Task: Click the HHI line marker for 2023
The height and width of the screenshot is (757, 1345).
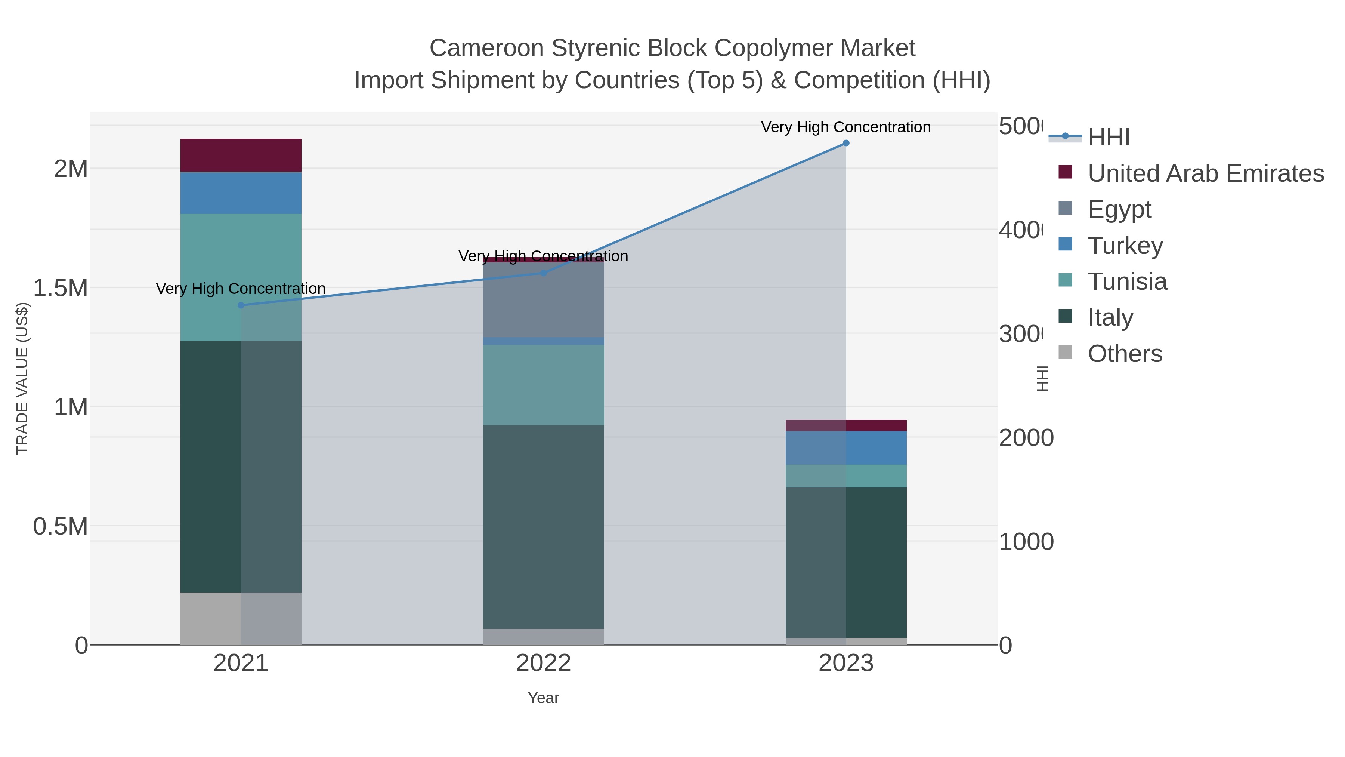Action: tap(846, 143)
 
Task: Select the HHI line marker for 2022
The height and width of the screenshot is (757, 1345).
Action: tap(543, 273)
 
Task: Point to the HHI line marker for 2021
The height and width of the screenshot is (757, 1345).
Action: tap(241, 305)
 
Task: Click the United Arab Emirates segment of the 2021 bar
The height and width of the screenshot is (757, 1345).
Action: tap(241, 155)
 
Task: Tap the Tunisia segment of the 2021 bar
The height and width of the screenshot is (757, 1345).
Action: tap(241, 277)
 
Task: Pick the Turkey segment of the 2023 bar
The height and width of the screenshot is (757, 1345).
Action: tap(846, 448)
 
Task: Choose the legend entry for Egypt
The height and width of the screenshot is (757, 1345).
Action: tap(1119, 209)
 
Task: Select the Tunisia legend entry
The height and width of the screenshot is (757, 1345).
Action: tap(1127, 281)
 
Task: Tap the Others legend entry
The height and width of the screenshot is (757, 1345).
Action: tap(1125, 354)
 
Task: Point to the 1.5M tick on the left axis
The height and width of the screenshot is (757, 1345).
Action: tap(60, 288)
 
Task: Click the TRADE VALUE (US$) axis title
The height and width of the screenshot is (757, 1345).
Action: tap(22, 378)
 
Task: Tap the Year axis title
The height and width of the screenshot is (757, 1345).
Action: tap(543, 698)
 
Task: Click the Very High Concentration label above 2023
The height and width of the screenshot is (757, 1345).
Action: tap(846, 127)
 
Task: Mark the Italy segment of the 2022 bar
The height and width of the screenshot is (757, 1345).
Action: tap(543, 527)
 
